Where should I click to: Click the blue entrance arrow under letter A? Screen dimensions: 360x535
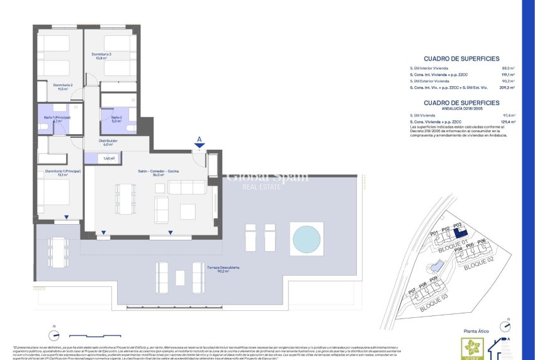click(200, 147)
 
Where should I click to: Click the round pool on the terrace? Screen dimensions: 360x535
click(307, 239)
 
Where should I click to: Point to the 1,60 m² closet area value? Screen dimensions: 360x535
click(109, 158)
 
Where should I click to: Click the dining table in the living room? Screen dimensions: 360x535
click(124, 198)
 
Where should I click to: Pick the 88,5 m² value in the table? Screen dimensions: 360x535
click(508, 67)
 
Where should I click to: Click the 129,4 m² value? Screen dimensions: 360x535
click(508, 121)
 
